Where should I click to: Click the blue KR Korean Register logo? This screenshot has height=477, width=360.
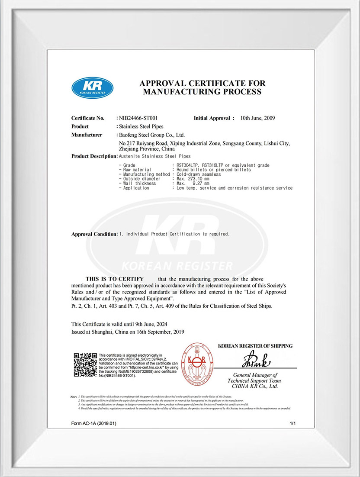(92, 87)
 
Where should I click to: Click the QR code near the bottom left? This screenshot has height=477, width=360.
(85, 365)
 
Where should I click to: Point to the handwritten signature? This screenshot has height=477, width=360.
(256, 359)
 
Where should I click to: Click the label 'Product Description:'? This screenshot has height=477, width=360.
(94, 156)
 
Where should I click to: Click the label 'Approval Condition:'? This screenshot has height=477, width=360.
(94, 234)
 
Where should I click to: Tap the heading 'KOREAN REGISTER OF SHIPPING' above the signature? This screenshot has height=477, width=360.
(255, 346)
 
